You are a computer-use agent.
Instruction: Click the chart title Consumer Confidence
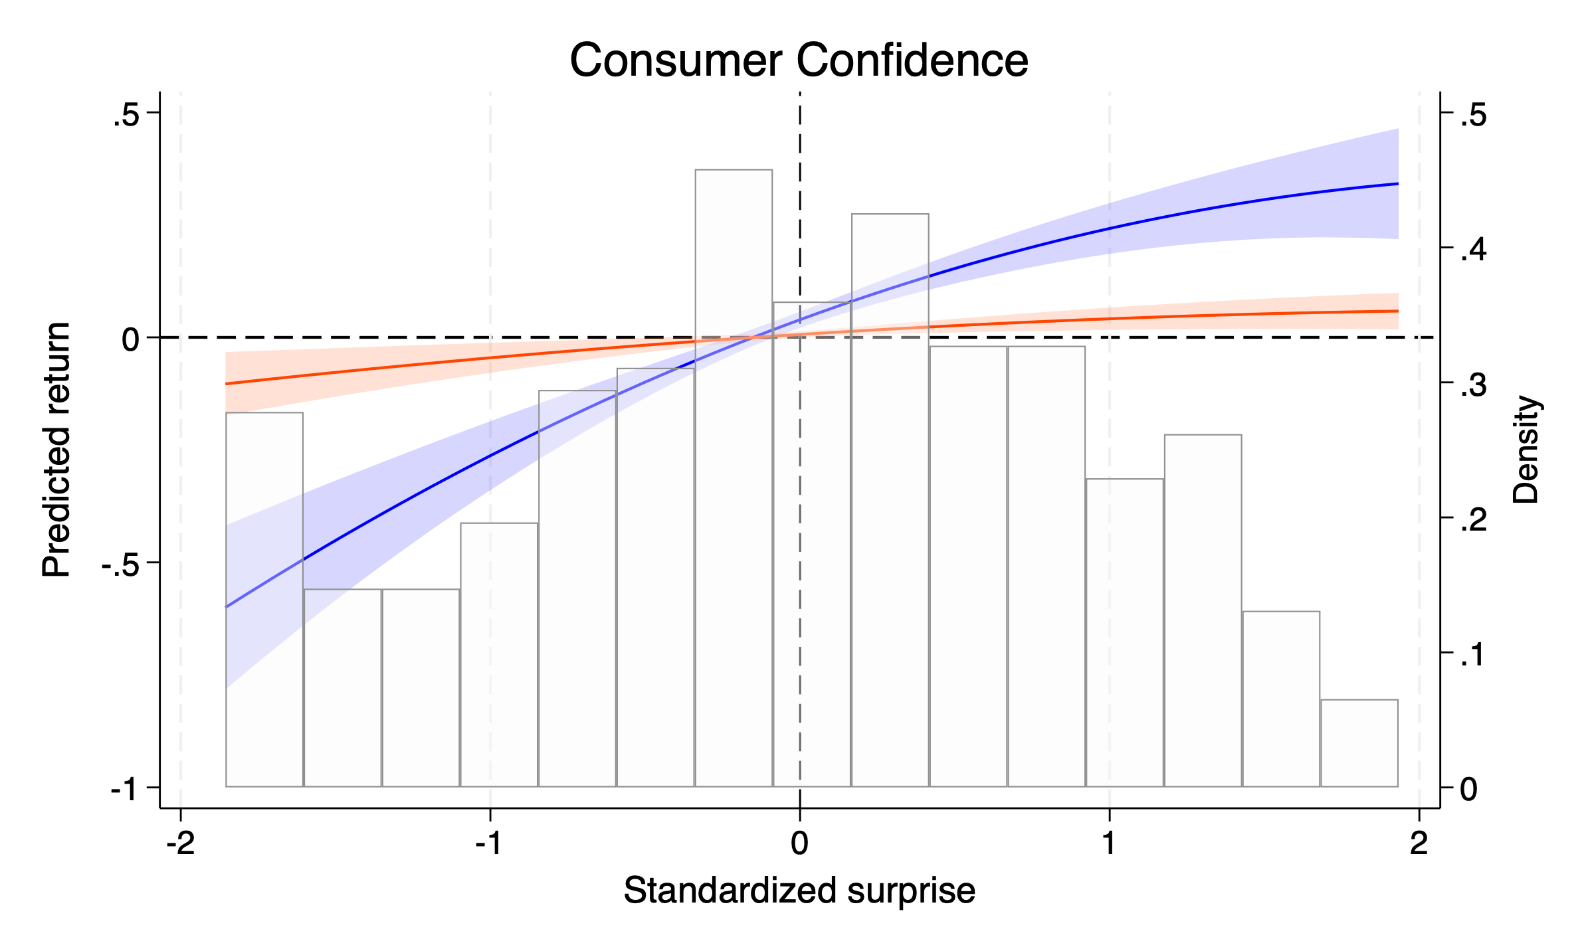tap(799, 60)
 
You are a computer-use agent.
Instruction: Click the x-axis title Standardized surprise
tap(799, 890)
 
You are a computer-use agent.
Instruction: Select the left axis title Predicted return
tap(56, 450)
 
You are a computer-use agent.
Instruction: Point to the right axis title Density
tap(1526, 450)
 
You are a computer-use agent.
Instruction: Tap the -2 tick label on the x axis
tap(180, 843)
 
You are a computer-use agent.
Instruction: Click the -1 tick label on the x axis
tap(490, 843)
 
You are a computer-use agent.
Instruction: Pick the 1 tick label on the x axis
tap(1109, 843)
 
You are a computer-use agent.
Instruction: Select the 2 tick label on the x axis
tap(1419, 843)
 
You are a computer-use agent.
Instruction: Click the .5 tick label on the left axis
tap(126, 116)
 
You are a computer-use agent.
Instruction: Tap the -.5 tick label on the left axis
tap(120, 565)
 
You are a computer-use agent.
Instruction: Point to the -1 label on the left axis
tap(125, 790)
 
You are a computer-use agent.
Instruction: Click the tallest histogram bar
tap(734, 478)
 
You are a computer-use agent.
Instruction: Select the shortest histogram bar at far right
tap(1359, 744)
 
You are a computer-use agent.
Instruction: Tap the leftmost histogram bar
tap(264, 598)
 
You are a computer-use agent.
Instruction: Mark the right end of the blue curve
tap(1398, 183)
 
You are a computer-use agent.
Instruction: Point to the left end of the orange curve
tap(227, 384)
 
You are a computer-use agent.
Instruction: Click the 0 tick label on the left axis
tap(131, 340)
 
